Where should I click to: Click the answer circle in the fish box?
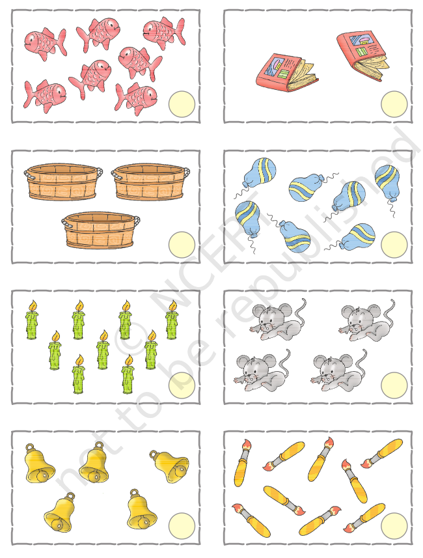point(182,104)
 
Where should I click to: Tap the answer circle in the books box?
point(394,104)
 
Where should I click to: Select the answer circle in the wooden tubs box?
point(182,244)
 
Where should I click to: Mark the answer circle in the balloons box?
point(394,244)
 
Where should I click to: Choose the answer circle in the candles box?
point(182,385)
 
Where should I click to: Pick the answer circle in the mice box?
point(394,385)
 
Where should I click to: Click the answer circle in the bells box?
point(182,526)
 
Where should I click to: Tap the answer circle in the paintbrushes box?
point(394,526)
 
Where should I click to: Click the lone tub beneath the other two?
point(101,230)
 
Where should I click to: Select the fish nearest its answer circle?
point(136,98)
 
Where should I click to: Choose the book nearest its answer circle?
point(363,55)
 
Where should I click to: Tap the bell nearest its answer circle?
point(142,509)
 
